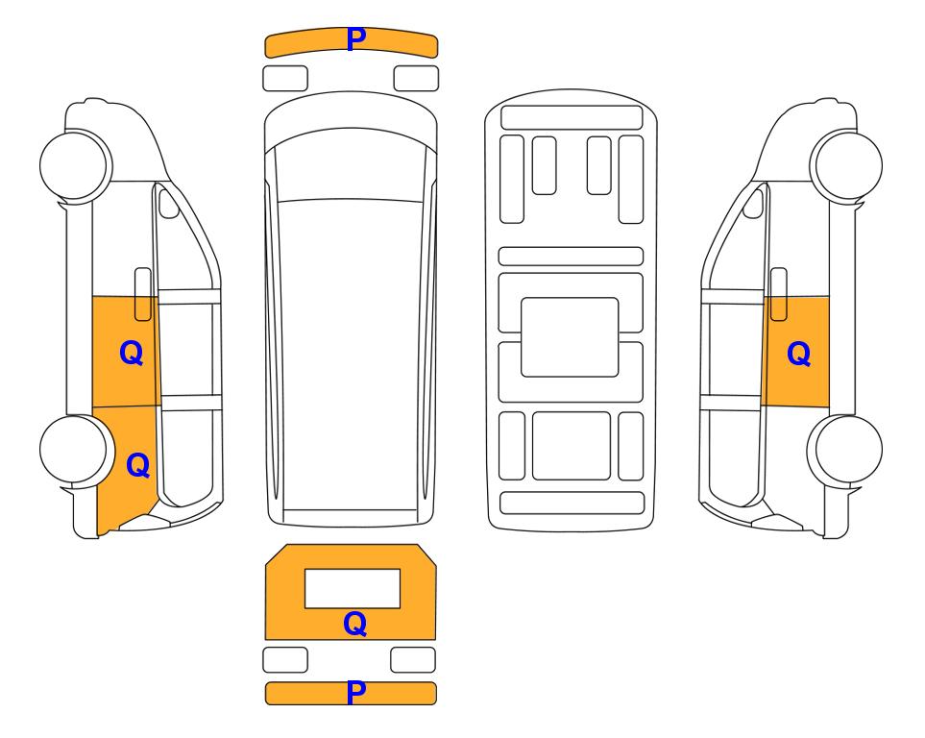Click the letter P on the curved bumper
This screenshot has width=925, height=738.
point(355,39)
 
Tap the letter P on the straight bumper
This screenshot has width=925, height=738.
point(355,693)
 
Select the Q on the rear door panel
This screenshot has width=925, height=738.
point(355,624)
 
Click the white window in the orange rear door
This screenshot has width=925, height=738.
point(353,588)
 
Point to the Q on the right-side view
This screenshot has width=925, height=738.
point(799,354)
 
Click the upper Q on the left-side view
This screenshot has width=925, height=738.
point(131,353)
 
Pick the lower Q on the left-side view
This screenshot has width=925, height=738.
point(138,465)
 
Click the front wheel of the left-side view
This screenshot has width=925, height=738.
point(76,165)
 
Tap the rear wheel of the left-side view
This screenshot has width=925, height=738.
point(76,450)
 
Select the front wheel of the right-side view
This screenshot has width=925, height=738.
point(846,165)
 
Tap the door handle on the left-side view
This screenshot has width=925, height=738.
point(143,294)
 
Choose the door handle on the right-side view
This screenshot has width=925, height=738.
point(779,294)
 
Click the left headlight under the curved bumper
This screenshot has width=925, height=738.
point(285,79)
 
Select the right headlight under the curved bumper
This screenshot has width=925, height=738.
point(416,79)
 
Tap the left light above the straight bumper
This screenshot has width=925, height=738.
point(285,659)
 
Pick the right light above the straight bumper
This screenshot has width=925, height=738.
point(413,659)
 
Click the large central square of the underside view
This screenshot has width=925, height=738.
point(570,337)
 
